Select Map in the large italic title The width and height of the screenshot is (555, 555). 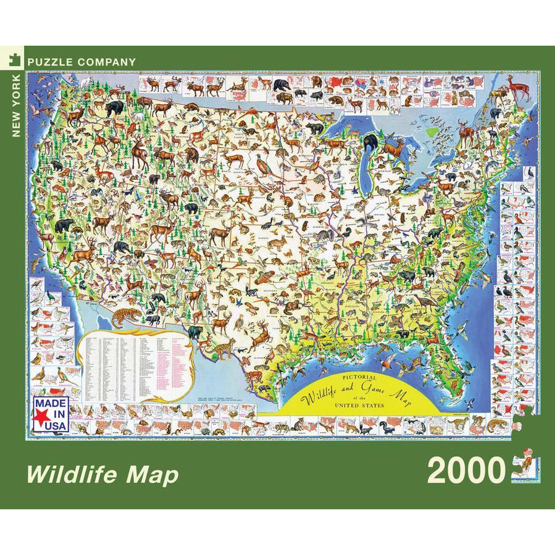click(x=154, y=475)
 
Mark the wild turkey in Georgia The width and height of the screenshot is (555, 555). click(x=425, y=301)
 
